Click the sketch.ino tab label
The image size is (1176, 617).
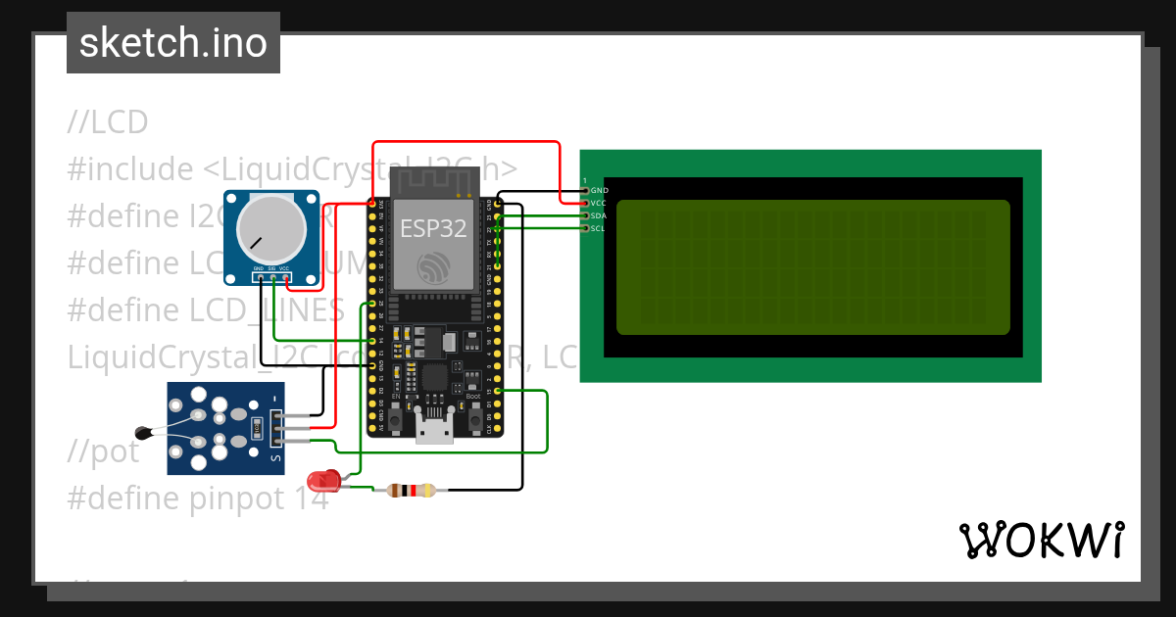(173, 43)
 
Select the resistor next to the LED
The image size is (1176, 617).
(411, 491)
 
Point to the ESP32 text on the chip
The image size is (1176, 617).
(432, 228)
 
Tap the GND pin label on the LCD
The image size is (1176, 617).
(599, 190)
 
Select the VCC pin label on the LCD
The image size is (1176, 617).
(599, 203)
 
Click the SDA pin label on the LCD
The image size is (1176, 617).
(599, 215)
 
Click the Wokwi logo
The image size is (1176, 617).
(1041, 540)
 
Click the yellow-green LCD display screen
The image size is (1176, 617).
(812, 267)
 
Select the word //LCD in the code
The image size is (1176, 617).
(108, 122)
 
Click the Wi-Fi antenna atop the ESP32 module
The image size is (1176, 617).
(432, 181)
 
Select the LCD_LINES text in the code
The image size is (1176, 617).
(268, 310)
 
